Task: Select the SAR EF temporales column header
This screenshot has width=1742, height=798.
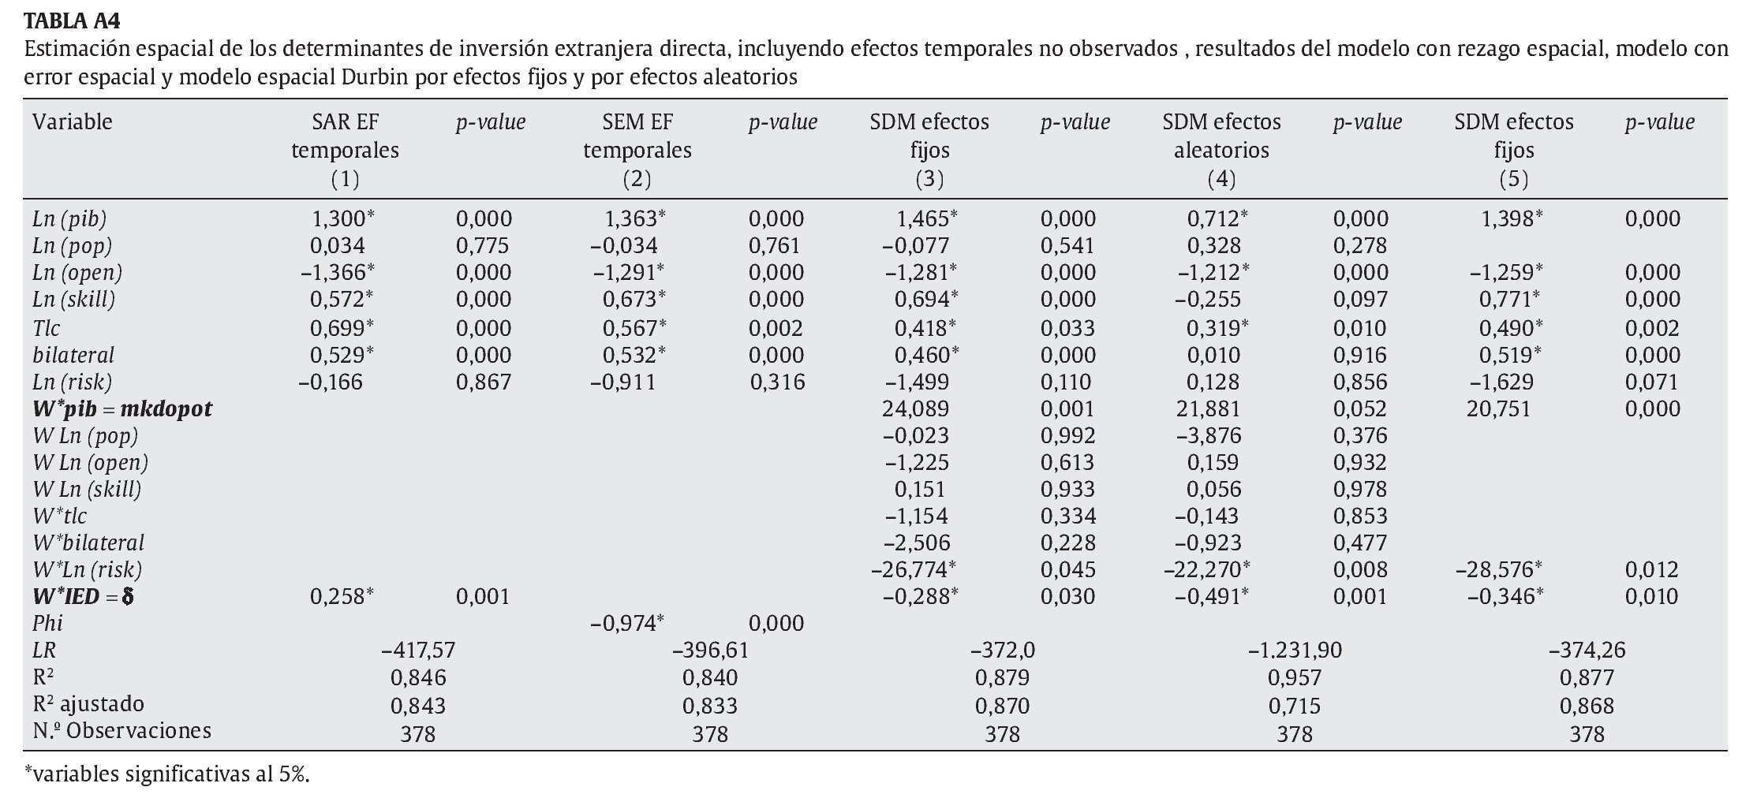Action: click(x=345, y=150)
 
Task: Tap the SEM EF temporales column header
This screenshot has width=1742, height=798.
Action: click(x=637, y=150)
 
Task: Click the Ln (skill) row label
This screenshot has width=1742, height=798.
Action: click(x=74, y=300)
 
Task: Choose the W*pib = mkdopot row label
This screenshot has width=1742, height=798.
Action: click(x=122, y=408)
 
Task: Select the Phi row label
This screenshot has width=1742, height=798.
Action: click(x=47, y=623)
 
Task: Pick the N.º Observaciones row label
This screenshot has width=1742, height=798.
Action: click(x=122, y=731)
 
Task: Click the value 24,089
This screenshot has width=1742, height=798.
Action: click(x=915, y=408)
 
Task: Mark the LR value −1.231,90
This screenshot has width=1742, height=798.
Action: click(x=1295, y=651)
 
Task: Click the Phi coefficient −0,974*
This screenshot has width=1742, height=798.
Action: click(x=627, y=623)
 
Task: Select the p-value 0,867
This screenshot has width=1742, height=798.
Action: click(x=484, y=382)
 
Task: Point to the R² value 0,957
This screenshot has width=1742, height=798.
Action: click(x=1295, y=677)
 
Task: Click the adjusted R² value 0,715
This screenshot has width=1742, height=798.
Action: click(x=1295, y=705)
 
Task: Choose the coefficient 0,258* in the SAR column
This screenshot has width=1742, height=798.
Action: click(x=342, y=596)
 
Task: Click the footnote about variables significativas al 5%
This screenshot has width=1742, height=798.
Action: click(x=167, y=774)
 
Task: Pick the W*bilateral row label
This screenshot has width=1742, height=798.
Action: click(x=88, y=543)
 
